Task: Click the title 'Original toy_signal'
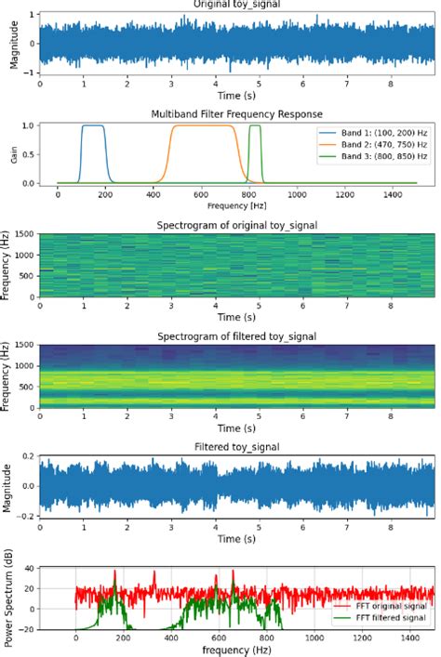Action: pos(237,5)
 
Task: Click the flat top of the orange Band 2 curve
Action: pos(203,125)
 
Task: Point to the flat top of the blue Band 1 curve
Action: pos(93,125)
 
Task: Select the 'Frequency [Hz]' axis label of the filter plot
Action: pos(236,202)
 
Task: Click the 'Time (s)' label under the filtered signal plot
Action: pos(236,538)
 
